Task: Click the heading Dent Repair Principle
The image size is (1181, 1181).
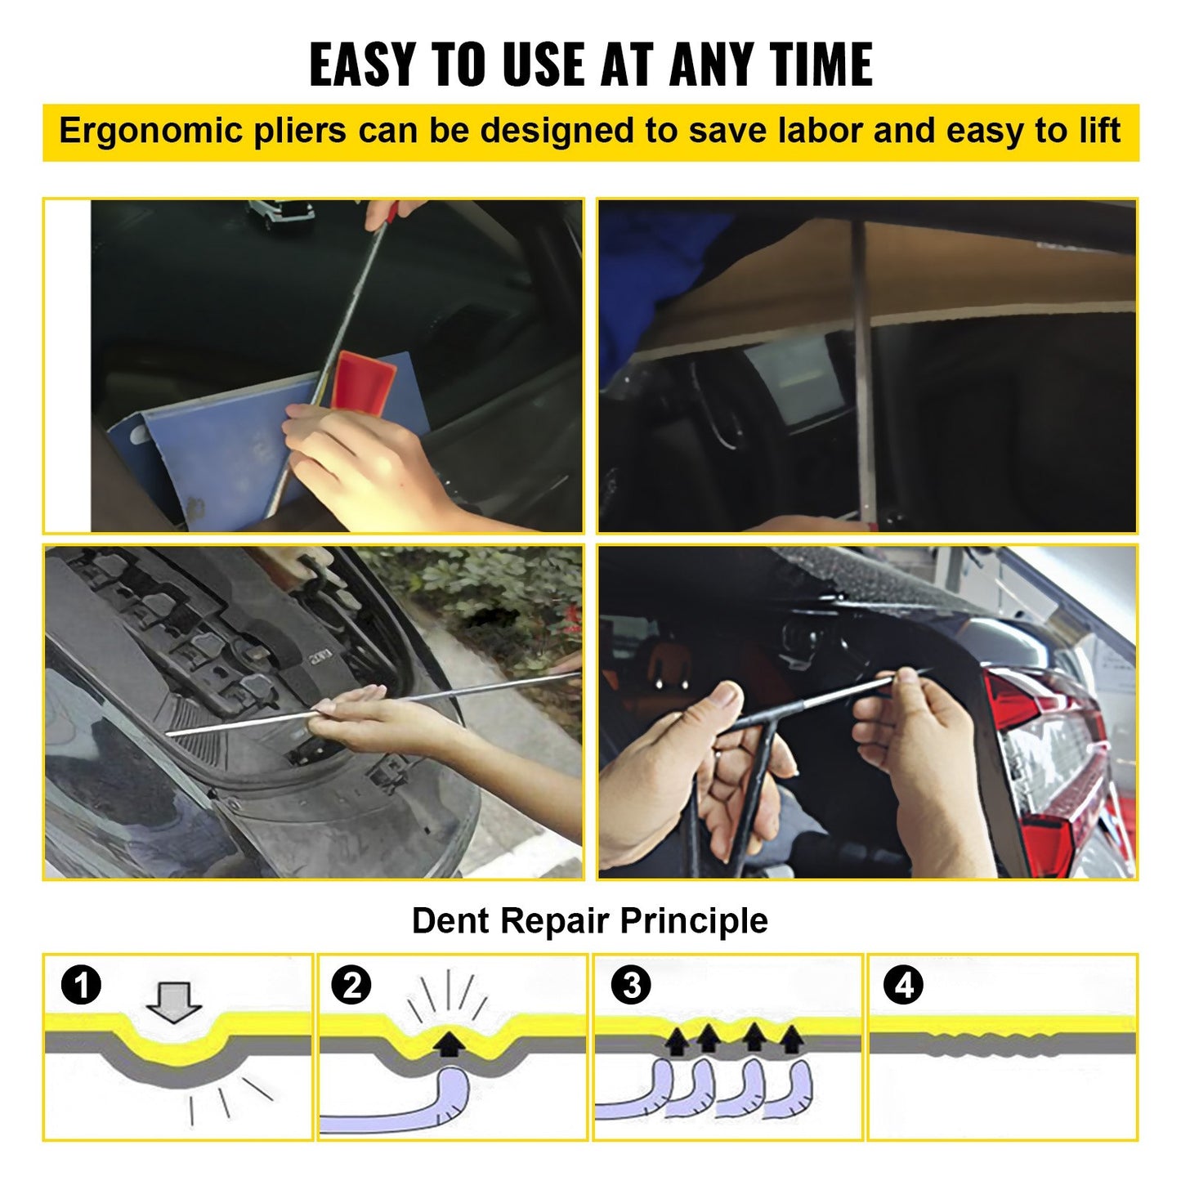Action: [x=589, y=921]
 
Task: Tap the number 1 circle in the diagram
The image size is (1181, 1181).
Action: [x=82, y=985]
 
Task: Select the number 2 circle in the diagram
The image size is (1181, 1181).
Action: [x=351, y=986]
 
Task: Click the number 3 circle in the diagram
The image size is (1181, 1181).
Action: [x=631, y=986]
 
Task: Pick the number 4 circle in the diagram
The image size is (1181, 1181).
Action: [x=904, y=986]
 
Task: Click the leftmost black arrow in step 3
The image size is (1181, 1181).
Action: [x=678, y=1040]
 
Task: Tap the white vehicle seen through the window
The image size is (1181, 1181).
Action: [x=280, y=214]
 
